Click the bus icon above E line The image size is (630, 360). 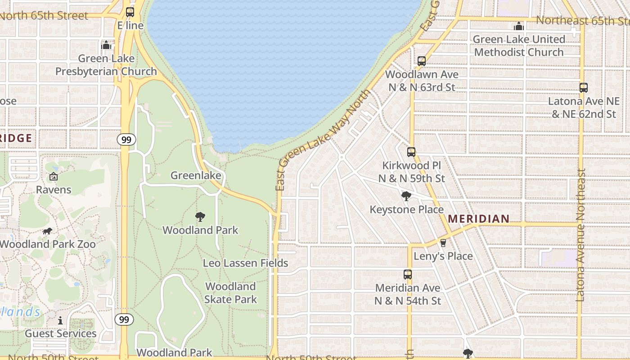pyautogui.click(x=130, y=12)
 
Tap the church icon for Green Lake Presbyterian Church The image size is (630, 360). pyautogui.click(x=106, y=45)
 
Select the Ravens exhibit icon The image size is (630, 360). pyautogui.click(x=54, y=176)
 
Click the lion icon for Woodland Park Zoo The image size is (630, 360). pyautogui.click(x=47, y=231)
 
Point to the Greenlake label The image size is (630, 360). pyautogui.click(x=196, y=175)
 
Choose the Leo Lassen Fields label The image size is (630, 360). pyautogui.click(x=245, y=263)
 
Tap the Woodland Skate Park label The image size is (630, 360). pyautogui.click(x=230, y=292)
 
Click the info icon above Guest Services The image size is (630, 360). pyautogui.click(x=60, y=320)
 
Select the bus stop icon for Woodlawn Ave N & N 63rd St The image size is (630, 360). pyautogui.click(x=422, y=61)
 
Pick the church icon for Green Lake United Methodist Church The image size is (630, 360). pyautogui.click(x=519, y=26)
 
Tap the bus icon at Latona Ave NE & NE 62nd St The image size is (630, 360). pyautogui.click(x=584, y=88)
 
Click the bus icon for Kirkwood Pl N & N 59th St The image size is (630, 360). pyautogui.click(x=411, y=152)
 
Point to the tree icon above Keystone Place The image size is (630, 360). pyautogui.click(x=406, y=196)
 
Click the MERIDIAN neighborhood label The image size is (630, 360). pyautogui.click(x=479, y=219)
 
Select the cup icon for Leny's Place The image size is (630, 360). pyautogui.click(x=443, y=243)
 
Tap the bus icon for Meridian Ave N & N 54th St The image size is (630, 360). pyautogui.click(x=408, y=274)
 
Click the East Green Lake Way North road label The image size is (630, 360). pyautogui.click(x=323, y=140)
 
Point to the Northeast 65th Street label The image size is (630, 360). pyautogui.click(x=582, y=20)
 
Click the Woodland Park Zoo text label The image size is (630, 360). pyautogui.click(x=48, y=244)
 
